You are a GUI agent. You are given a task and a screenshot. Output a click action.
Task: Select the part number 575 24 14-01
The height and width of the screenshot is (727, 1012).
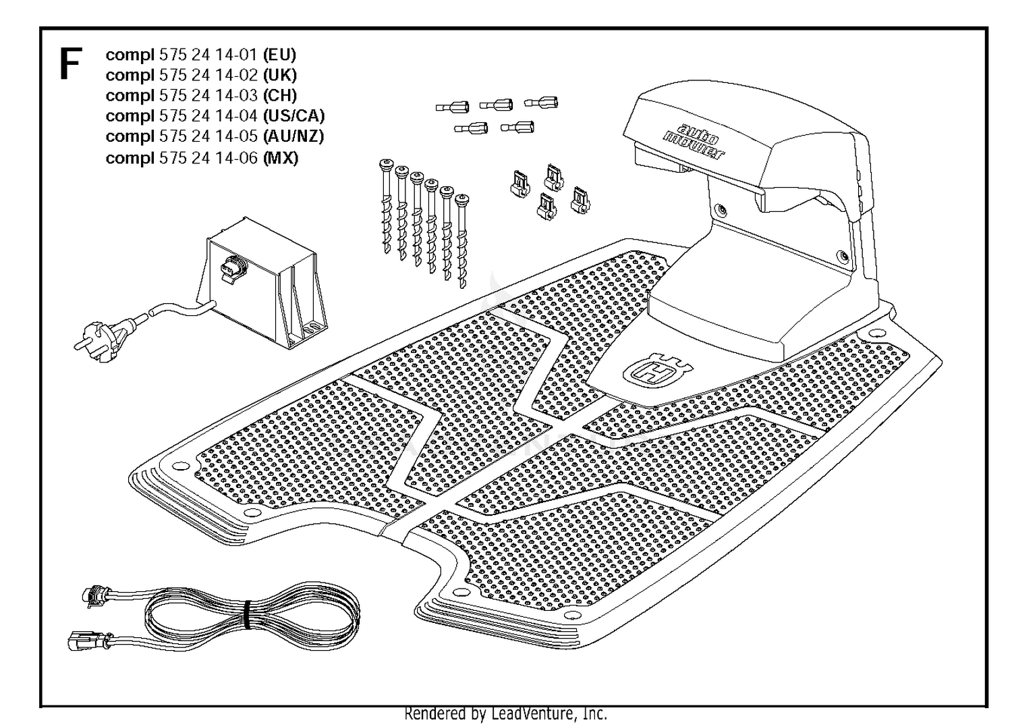coord(208,55)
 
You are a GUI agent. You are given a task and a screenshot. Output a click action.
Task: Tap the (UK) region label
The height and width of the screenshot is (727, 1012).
coord(280,75)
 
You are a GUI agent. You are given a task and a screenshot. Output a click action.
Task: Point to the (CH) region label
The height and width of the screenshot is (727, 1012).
coord(280,95)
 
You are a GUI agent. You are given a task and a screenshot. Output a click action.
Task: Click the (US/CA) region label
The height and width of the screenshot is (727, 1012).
coord(293,115)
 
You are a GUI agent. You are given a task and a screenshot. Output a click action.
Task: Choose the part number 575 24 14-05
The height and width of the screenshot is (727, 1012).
coord(208,136)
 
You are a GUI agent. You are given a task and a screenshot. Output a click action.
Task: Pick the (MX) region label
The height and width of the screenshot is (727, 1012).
coord(281,158)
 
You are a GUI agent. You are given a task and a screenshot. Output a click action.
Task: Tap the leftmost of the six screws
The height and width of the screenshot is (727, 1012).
coord(387,206)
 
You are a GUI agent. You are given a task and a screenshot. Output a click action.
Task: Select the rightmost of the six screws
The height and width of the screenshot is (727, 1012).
coord(461,241)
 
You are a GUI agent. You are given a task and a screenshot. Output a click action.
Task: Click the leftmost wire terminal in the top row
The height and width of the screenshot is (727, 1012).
coord(452,107)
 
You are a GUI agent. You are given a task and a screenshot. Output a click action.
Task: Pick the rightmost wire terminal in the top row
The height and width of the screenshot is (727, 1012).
coord(541,103)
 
